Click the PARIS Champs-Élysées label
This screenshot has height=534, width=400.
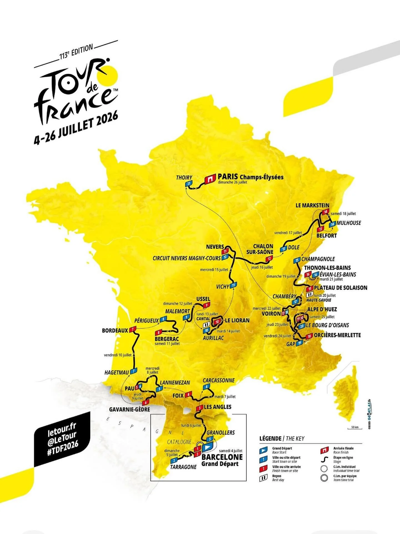click(x=250, y=177)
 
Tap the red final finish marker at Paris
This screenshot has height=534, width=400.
click(x=210, y=179)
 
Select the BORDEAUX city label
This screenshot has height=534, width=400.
click(x=115, y=330)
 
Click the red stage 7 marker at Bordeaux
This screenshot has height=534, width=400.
click(x=133, y=330)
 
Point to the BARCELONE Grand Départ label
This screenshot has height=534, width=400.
click(x=222, y=460)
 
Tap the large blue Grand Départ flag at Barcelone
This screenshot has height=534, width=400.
click(x=208, y=447)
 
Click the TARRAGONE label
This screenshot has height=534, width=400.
click(x=183, y=467)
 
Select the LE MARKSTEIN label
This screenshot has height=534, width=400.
click(x=312, y=205)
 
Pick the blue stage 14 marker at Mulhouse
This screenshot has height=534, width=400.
click(x=332, y=224)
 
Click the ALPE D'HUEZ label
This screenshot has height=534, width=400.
click(x=322, y=309)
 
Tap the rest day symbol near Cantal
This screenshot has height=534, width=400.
click(x=206, y=325)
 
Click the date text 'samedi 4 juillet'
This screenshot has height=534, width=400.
click(x=231, y=451)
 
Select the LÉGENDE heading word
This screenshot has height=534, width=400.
click(x=270, y=439)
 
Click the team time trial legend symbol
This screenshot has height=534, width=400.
click(x=324, y=478)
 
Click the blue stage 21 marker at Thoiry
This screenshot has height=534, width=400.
click(x=189, y=184)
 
